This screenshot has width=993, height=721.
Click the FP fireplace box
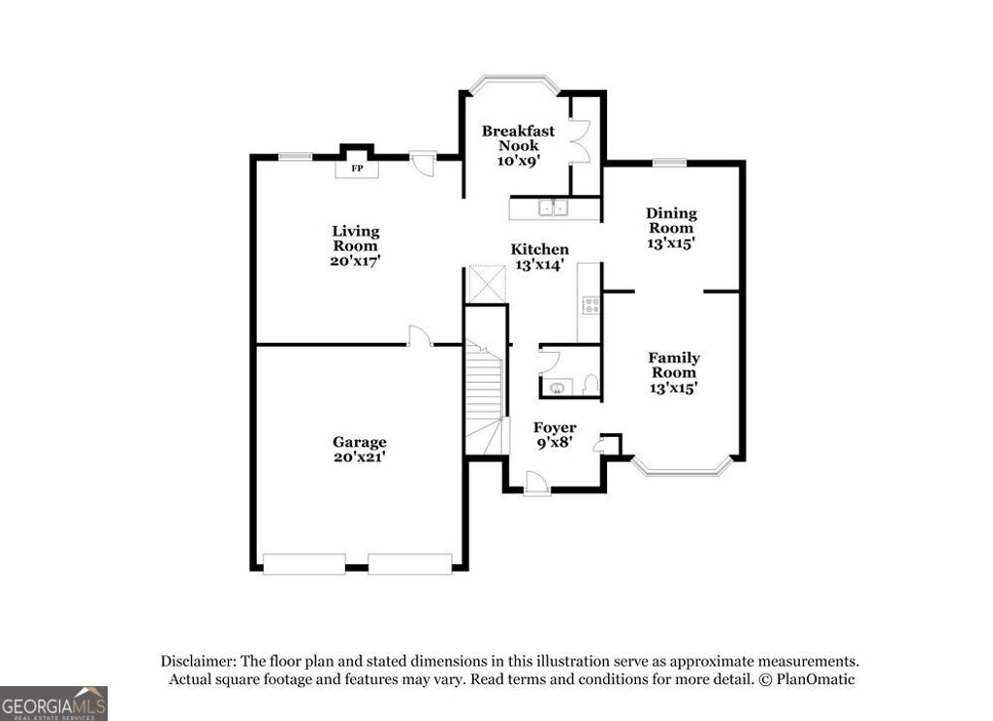point(356,169)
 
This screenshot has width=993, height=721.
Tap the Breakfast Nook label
point(518,138)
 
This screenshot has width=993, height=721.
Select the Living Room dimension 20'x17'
point(355,261)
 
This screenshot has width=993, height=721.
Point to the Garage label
point(359,442)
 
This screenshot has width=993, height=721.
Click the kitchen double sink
point(555,206)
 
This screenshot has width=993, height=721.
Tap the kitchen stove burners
point(589,306)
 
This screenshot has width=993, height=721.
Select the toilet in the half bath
point(590,384)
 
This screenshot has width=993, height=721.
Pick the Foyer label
point(555,427)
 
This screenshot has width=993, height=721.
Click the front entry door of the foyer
point(536,483)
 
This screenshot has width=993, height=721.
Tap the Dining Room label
point(671,220)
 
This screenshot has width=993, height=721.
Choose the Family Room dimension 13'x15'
point(673,388)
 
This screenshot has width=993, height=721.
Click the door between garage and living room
point(420,336)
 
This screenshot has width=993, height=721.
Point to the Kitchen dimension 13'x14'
point(539,266)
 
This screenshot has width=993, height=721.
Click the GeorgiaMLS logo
point(53,704)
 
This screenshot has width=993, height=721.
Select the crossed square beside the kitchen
point(487,284)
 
